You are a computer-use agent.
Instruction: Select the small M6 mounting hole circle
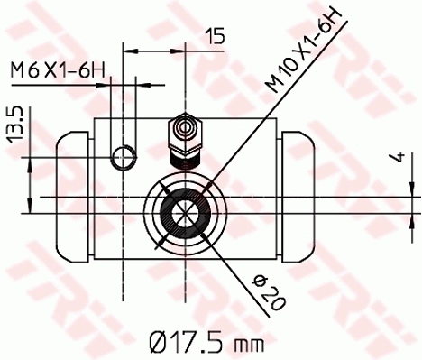click(123, 158)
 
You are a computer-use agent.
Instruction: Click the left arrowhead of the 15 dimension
click(127, 51)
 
